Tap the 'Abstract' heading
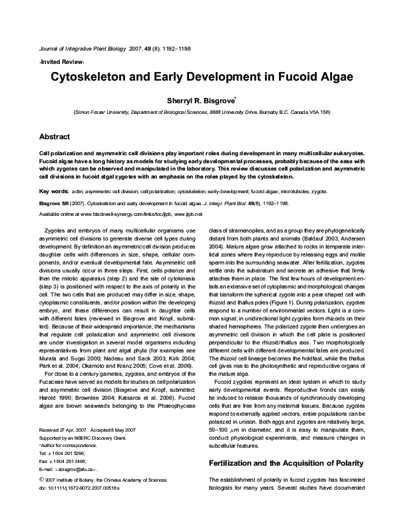coord(55,136)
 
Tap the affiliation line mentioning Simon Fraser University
coord(197,112)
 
